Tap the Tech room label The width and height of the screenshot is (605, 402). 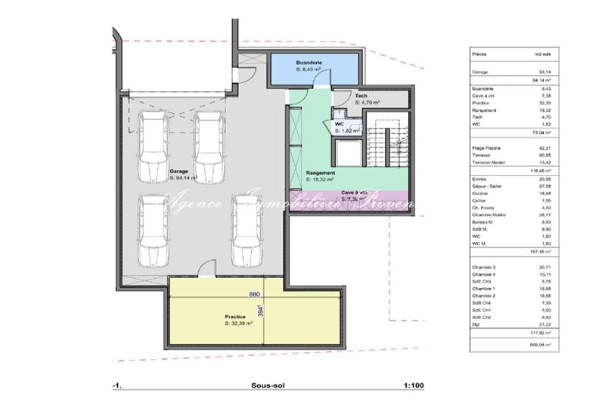362,96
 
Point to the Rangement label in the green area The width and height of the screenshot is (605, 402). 320,172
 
